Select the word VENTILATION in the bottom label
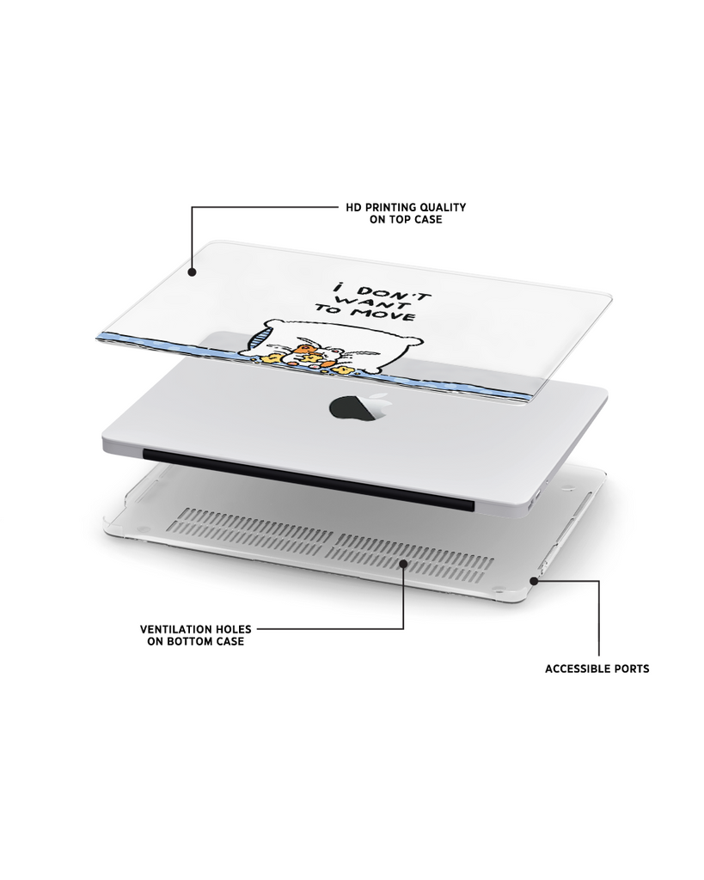tap(175, 629)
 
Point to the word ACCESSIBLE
tap(578, 669)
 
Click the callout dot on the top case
tap(192, 272)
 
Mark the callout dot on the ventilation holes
tap(403, 562)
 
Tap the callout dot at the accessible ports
tap(534, 581)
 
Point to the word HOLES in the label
tap(232, 629)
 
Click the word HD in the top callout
tap(353, 207)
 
